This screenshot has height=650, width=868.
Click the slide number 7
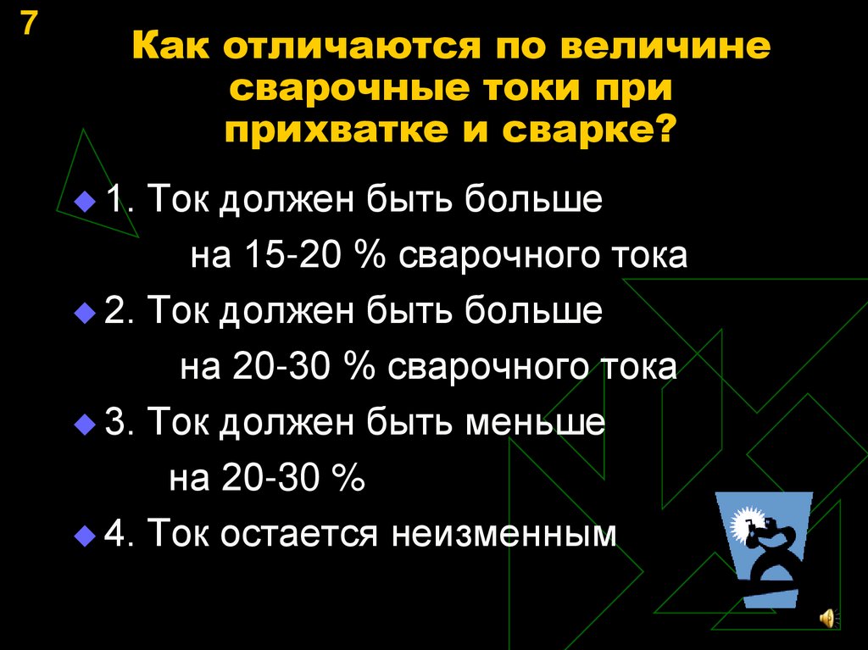click(x=30, y=23)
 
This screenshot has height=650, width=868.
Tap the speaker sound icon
click(x=828, y=617)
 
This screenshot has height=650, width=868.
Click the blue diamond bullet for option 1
click(x=85, y=201)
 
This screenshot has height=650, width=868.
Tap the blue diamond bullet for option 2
click(x=85, y=312)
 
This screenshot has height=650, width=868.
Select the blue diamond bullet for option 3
click(x=85, y=425)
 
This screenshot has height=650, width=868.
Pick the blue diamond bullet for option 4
click(x=85, y=536)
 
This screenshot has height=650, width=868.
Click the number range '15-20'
click(x=292, y=256)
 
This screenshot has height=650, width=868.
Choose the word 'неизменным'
click(x=504, y=535)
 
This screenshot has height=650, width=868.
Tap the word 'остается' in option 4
click(x=299, y=535)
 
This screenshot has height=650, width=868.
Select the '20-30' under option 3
click(x=270, y=477)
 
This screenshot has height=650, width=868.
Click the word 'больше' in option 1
click(x=532, y=199)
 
